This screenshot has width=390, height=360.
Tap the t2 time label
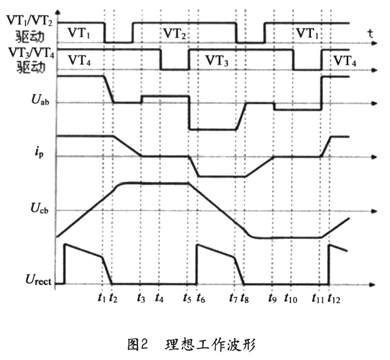pyautogui.click(x=113, y=297)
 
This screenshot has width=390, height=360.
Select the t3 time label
pyautogui.click(x=141, y=297)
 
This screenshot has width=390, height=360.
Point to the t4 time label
pyautogui.click(x=160, y=297)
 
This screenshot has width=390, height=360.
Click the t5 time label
pyautogui.click(x=188, y=297)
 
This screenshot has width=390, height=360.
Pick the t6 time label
pyautogui.click(x=200, y=297)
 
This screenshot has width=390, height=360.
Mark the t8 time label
pyautogui.click(x=245, y=297)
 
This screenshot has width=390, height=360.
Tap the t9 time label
pyautogui.click(x=272, y=297)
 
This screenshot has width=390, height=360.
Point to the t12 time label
pyautogui.click(x=333, y=297)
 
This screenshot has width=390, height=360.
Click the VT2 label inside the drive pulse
pyautogui.click(x=174, y=34)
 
